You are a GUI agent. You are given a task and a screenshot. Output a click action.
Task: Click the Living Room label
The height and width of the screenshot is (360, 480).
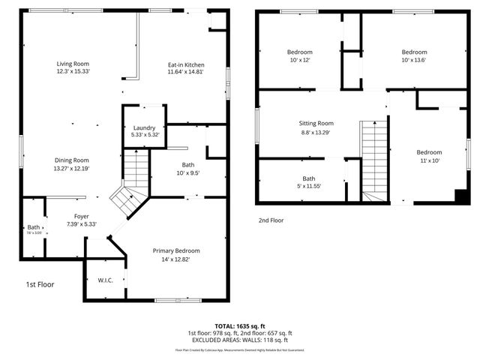tap(73, 64)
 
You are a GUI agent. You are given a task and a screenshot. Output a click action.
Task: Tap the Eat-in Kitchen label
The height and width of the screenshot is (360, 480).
tap(186, 65)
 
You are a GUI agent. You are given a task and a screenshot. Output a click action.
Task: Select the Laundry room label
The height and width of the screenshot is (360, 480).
tap(144, 128)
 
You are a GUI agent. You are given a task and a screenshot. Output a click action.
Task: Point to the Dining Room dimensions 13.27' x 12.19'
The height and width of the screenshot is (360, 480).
tap(72, 168)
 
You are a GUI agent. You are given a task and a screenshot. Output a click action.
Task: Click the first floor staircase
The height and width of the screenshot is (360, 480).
tap(136, 168)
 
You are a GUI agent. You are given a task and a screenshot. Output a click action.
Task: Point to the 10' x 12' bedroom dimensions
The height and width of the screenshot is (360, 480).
tap(279, 60)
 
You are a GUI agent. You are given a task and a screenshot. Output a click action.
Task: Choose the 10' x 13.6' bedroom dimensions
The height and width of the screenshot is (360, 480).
tap(414, 60)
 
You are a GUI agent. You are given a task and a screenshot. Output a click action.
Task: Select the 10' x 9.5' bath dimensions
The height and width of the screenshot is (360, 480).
tap(188, 173)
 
